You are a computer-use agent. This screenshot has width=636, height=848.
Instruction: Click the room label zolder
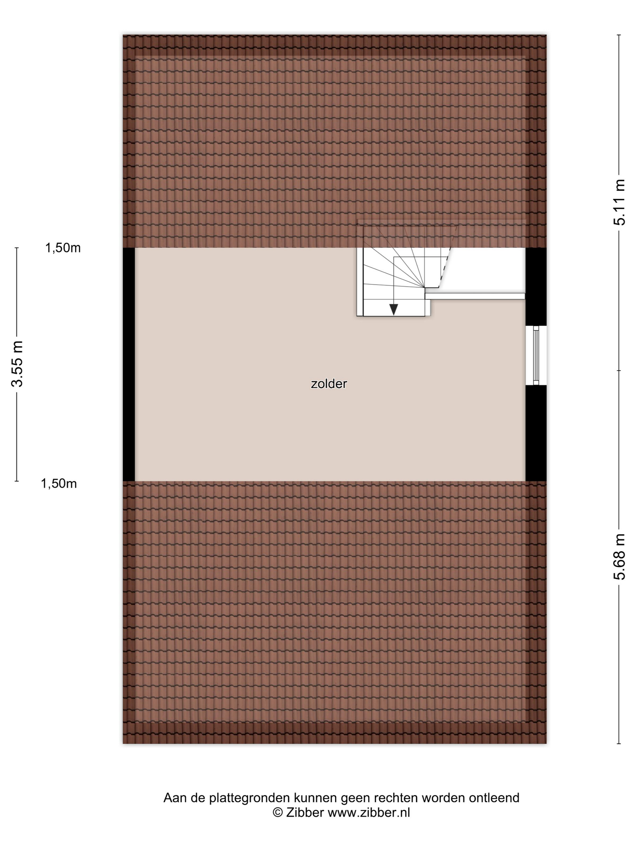coord(329,384)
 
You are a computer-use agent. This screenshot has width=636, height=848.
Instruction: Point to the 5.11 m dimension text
coord(619,202)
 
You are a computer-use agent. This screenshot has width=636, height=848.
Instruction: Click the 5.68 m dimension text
coord(619,557)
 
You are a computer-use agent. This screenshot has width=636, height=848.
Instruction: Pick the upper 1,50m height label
coord(63,248)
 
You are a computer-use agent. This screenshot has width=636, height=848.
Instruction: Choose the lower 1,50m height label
coord(59,484)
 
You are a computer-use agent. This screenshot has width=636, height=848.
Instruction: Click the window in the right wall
coord(536,355)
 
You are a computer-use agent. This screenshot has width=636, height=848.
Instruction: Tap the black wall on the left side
coord(129,364)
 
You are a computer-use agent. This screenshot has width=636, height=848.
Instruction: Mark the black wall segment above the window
coord(535,287)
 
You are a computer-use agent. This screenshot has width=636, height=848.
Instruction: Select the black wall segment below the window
coord(535,433)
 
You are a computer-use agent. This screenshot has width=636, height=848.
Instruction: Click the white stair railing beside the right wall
coord(475,296)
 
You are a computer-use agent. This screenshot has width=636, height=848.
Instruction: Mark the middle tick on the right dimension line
coord(619,371)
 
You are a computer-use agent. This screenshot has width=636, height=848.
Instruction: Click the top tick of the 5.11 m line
coord(619,35)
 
